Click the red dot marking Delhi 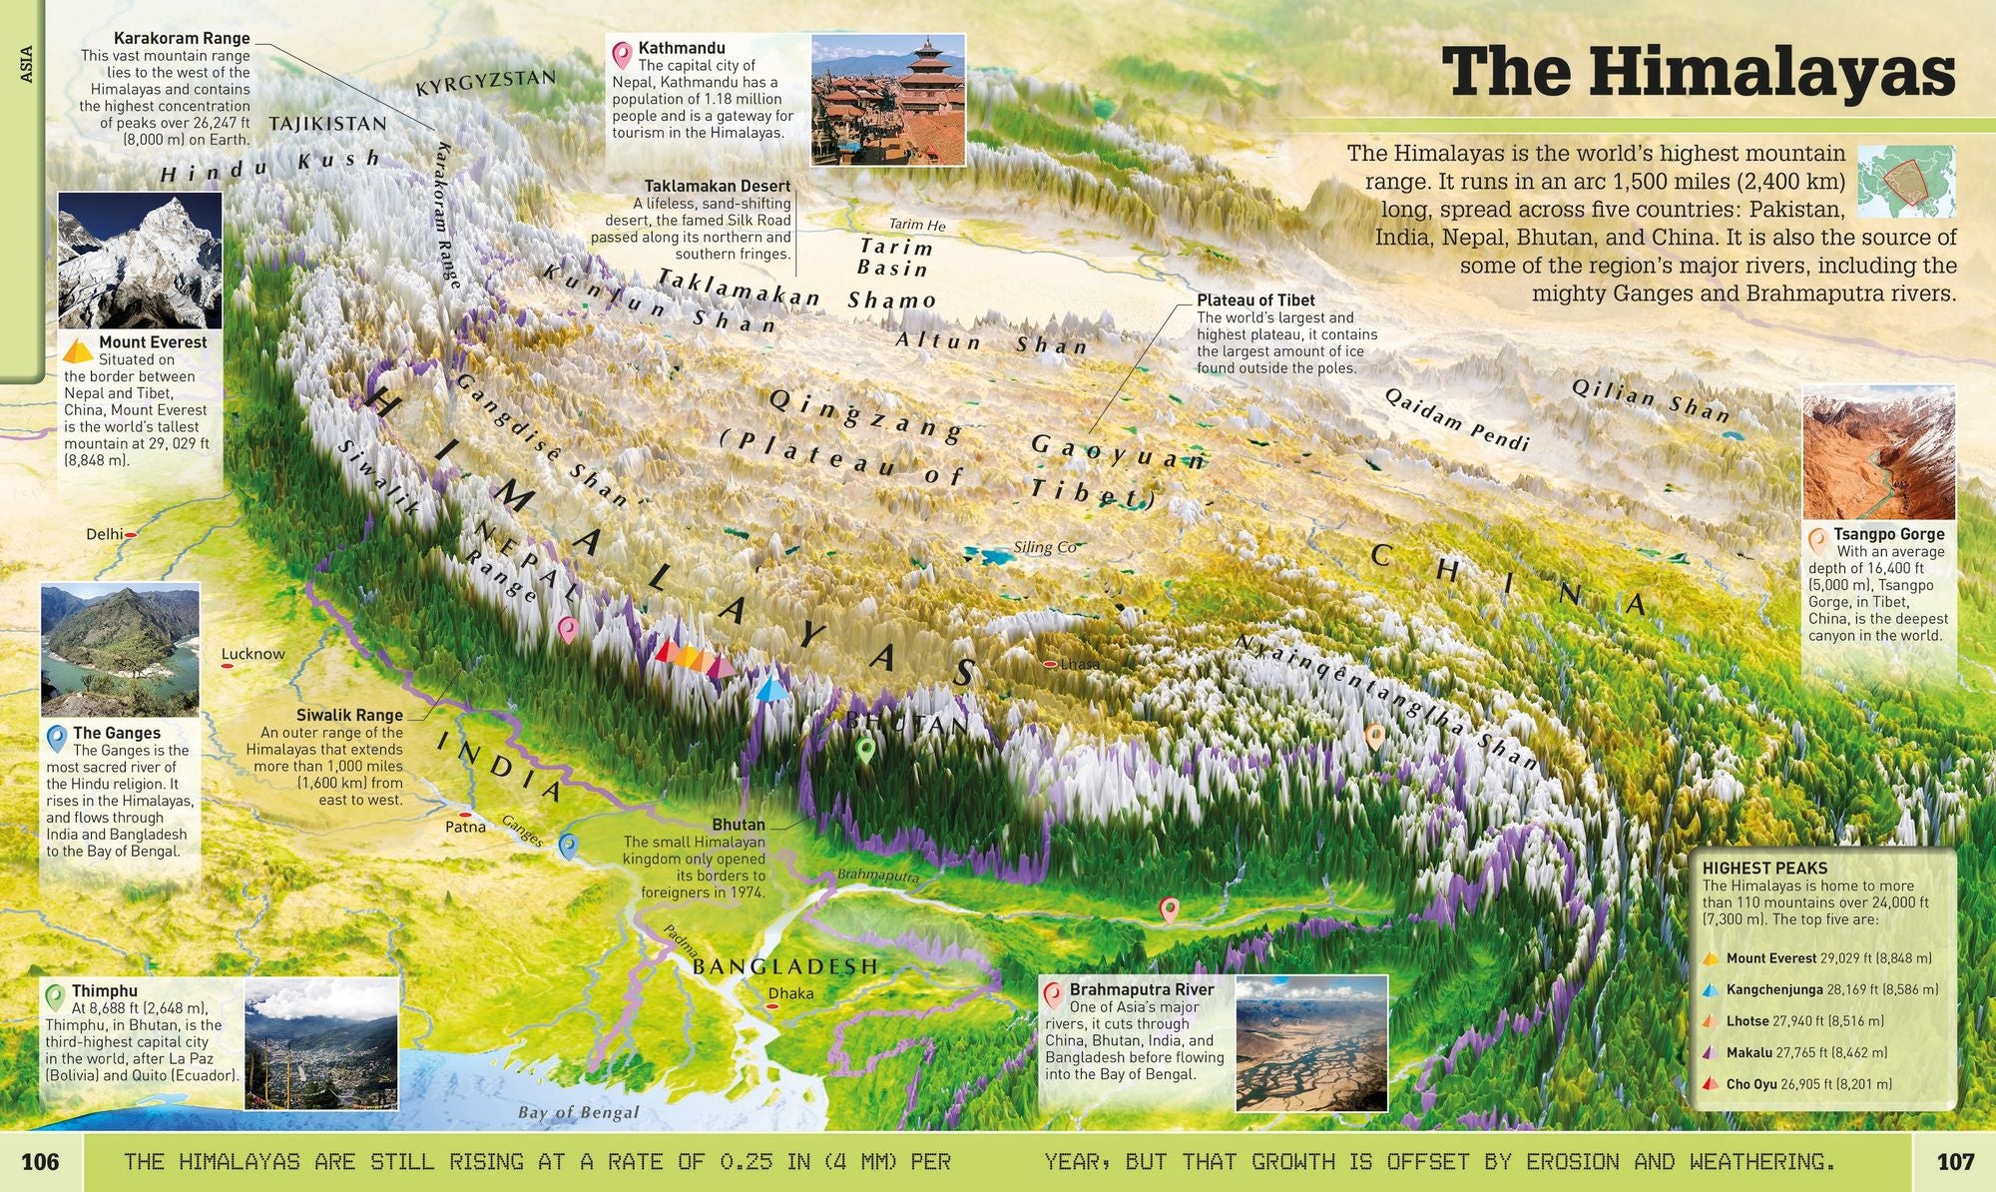click(131, 535)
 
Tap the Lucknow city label click(252, 654)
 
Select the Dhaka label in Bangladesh click(790, 993)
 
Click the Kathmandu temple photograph click(887, 100)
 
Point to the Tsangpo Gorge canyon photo click(1877, 454)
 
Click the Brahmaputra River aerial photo click(1310, 1043)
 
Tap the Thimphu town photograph click(320, 1043)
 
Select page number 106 click(41, 1161)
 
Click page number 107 click(1955, 1161)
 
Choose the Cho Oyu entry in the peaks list click(1752, 1083)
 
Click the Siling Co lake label click(1045, 547)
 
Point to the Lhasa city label click(1079, 664)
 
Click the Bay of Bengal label click(579, 1112)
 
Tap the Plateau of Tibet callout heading click(1255, 299)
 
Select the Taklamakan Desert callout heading click(717, 186)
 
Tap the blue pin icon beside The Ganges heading click(58, 738)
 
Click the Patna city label click(465, 827)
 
